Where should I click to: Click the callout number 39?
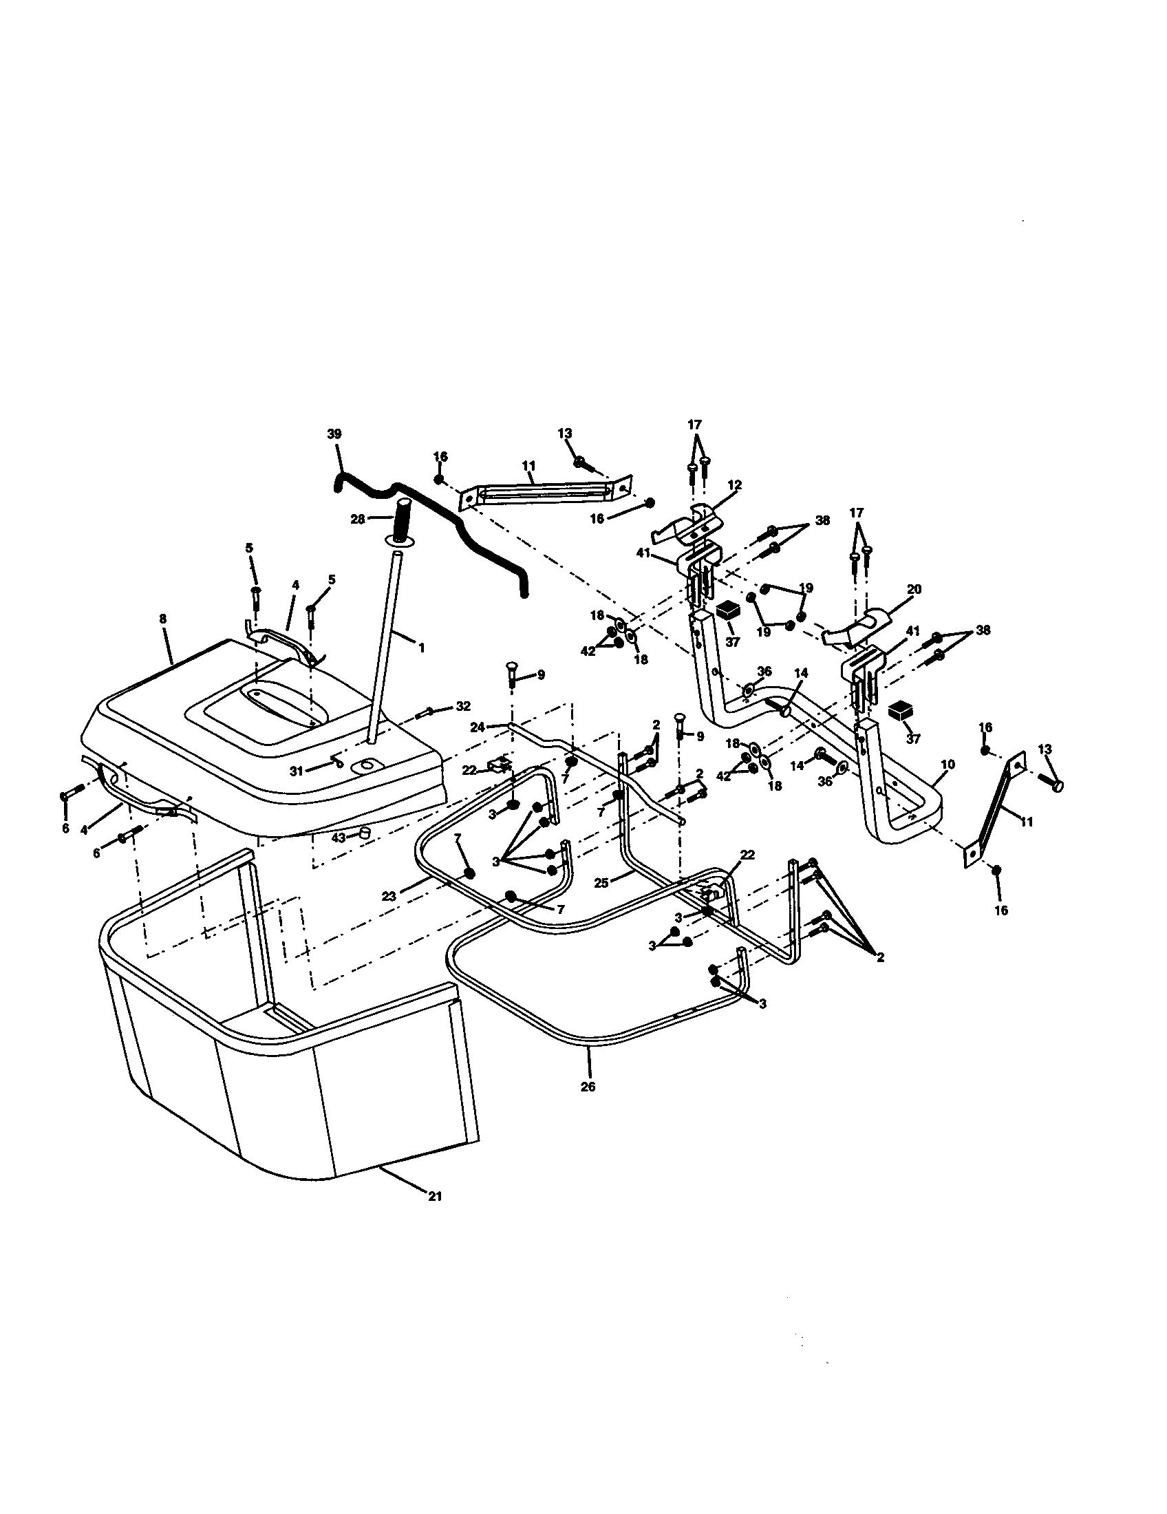click(334, 434)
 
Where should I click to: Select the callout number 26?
click(588, 1087)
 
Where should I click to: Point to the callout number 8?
click(163, 619)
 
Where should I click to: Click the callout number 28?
click(358, 518)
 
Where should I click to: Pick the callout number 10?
click(948, 764)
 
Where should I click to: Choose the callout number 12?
click(735, 485)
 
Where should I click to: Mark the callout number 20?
click(914, 589)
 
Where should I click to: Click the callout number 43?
click(338, 838)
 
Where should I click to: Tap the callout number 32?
click(462, 706)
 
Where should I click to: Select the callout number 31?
click(297, 770)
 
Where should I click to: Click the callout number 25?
click(601, 883)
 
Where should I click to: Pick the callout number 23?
click(389, 896)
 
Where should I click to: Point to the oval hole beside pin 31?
click(363, 765)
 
